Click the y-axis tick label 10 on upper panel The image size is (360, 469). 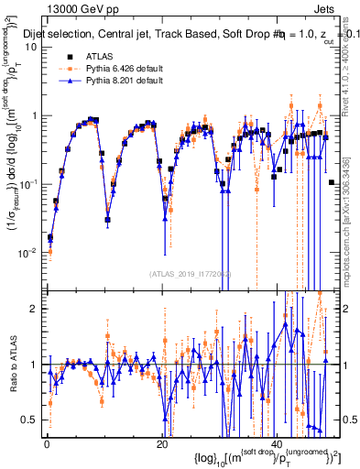click(x=31, y=48)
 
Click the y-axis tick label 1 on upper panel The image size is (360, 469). click(x=35, y=116)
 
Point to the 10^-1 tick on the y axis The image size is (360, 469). click(x=30, y=183)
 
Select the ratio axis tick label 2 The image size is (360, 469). click(x=35, y=309)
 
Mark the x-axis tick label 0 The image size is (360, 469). click(x=47, y=444)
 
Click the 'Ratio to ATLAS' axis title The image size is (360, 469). click(x=12, y=365)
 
